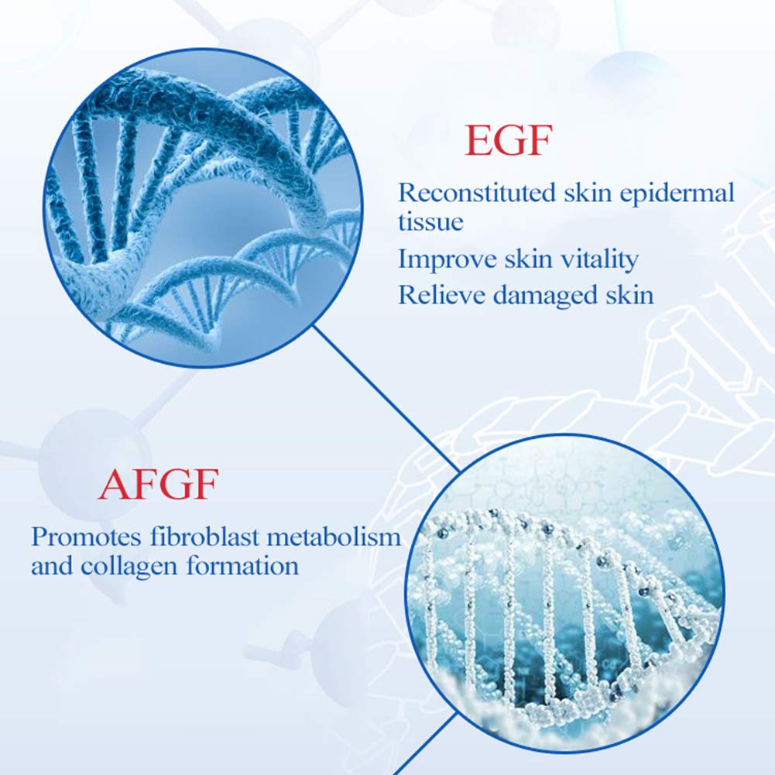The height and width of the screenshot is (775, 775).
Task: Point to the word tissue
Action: coord(430,222)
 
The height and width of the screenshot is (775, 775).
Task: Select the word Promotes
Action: coord(81,536)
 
